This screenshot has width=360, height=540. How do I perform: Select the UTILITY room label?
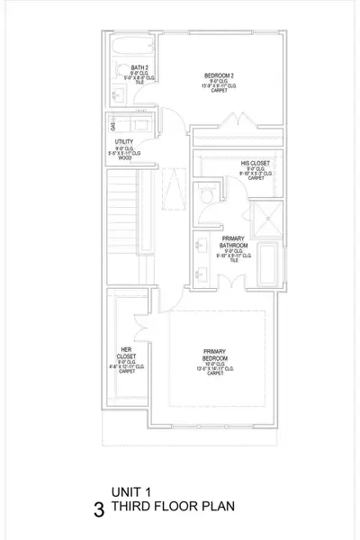click(124, 142)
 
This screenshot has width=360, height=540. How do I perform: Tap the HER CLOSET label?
click(126, 355)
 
